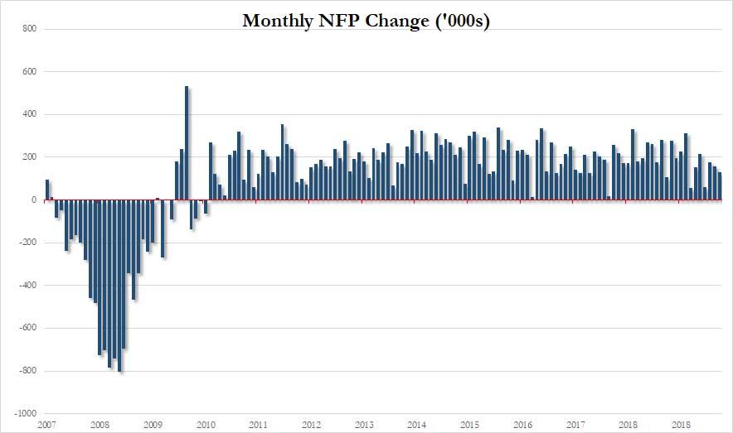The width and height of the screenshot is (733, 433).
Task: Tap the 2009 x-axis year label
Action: (x=153, y=425)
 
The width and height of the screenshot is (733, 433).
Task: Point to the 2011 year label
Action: (x=258, y=425)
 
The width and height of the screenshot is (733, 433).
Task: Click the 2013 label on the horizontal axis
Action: (x=363, y=425)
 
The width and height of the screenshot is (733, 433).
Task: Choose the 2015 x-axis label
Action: (x=469, y=425)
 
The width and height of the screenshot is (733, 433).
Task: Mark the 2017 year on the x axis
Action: (x=575, y=425)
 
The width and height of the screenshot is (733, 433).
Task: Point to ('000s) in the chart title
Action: (x=458, y=22)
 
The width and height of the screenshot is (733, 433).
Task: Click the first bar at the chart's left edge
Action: (x=47, y=190)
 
